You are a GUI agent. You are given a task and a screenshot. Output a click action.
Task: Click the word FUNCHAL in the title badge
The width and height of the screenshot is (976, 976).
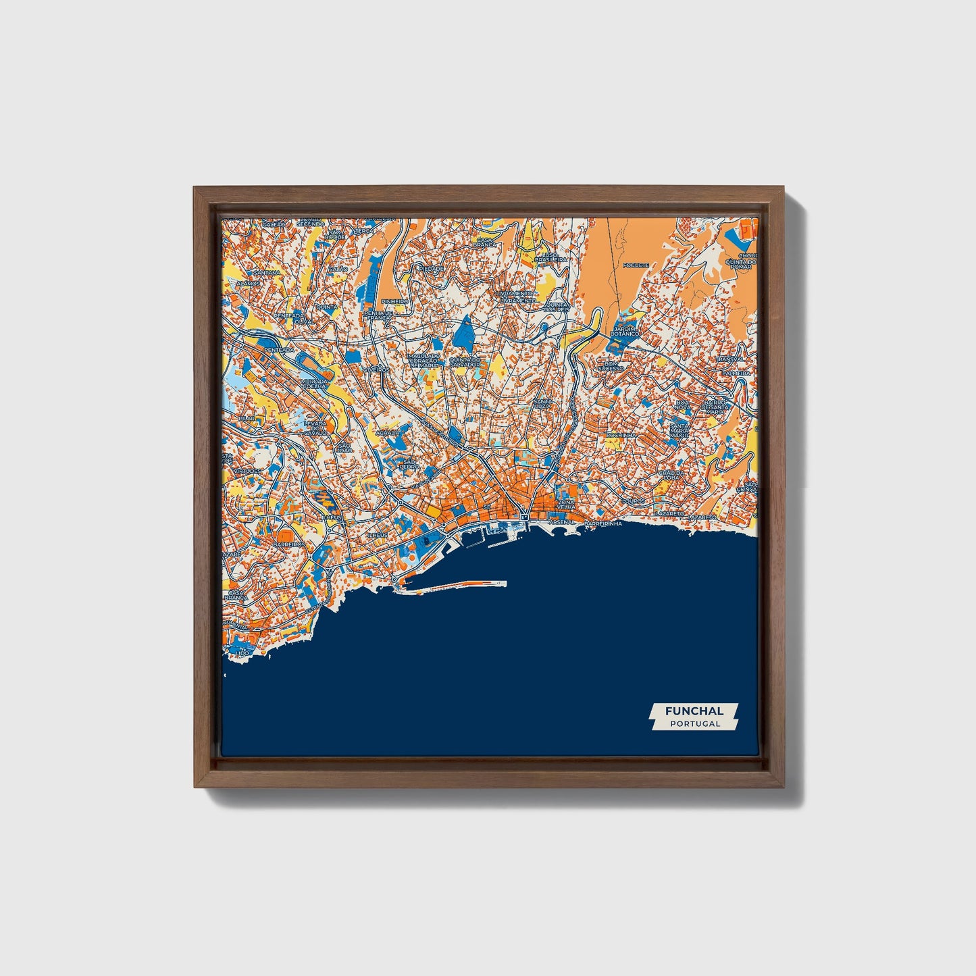pos(694,711)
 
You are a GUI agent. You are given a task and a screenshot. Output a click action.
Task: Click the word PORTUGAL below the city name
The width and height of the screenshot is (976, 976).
pos(694,723)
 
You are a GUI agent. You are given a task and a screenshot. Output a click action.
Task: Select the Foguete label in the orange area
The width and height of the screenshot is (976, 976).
pos(636,265)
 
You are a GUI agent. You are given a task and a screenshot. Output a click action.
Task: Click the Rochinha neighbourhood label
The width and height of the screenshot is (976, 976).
pos(621,435)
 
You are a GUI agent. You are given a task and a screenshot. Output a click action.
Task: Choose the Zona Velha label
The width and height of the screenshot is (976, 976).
pos(566,506)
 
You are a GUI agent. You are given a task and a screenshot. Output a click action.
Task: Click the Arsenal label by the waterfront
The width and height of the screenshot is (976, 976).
pos(562,522)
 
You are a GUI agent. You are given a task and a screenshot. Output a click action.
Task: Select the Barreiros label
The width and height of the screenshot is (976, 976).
pos(289,543)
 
